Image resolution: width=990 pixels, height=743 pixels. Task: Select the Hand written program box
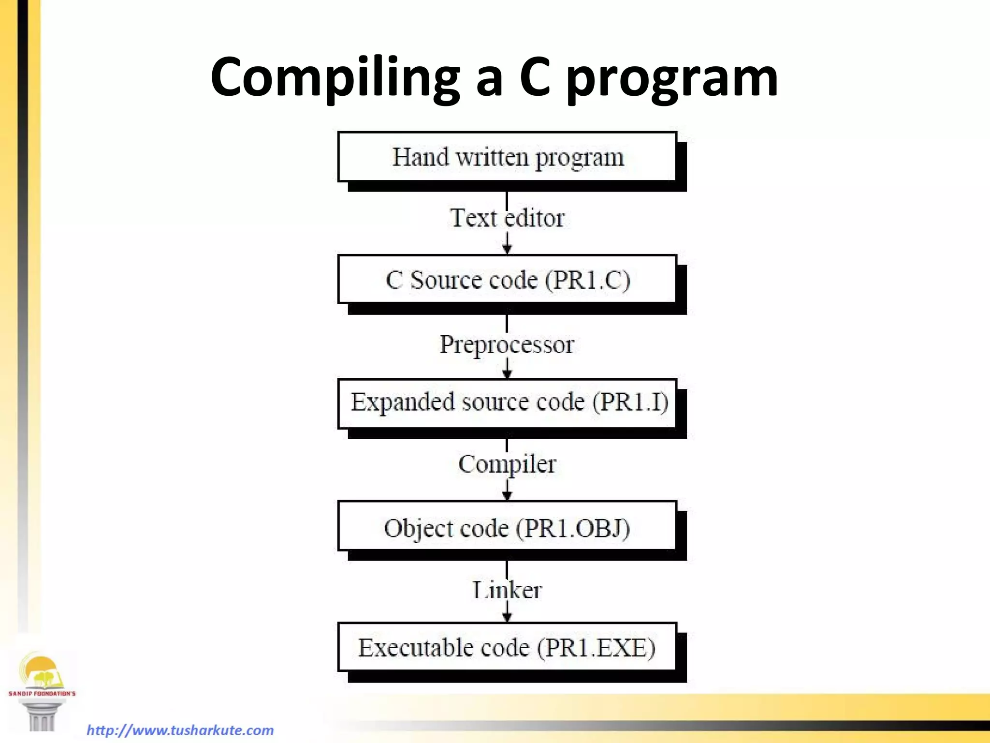pos(507,157)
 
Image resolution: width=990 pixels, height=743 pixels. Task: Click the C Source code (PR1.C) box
pos(507,280)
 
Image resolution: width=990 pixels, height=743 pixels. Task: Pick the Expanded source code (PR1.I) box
pos(507,403)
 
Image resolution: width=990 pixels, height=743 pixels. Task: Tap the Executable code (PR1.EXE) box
pos(507,648)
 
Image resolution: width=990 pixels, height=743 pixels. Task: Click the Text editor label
pos(507,218)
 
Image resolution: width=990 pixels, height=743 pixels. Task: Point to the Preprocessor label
pos(507,345)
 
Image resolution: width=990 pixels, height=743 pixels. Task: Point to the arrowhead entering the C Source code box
pos(507,249)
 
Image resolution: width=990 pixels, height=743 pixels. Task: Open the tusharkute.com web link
pos(180,730)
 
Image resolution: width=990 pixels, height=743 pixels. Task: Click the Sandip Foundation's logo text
pos(42,693)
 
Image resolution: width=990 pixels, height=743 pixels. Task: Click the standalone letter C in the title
pos(535,77)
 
